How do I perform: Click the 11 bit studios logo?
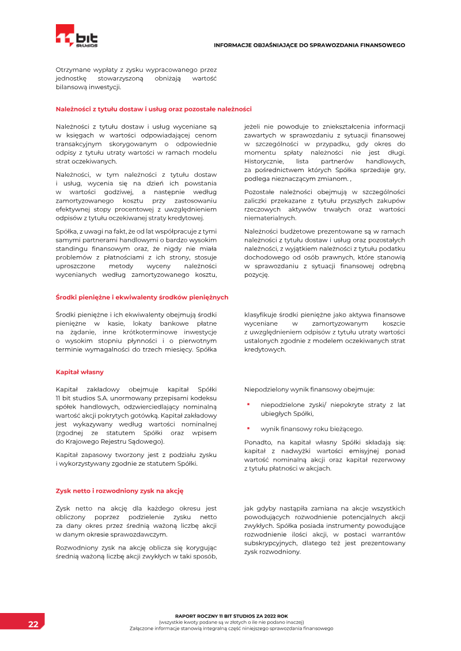click(77, 36)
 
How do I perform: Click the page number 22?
click(33, 625)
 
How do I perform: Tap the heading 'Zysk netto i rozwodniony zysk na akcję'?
click(119, 491)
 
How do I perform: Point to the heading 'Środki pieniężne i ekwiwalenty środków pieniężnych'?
click(142, 297)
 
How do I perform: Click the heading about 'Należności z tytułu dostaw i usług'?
click(153, 109)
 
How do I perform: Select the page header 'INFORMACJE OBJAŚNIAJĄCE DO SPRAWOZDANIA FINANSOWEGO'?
click(309, 45)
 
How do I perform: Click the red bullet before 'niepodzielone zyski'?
click(248, 405)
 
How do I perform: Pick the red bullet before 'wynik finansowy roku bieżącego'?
click(248, 428)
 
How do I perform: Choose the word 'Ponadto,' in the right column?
click(258, 442)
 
